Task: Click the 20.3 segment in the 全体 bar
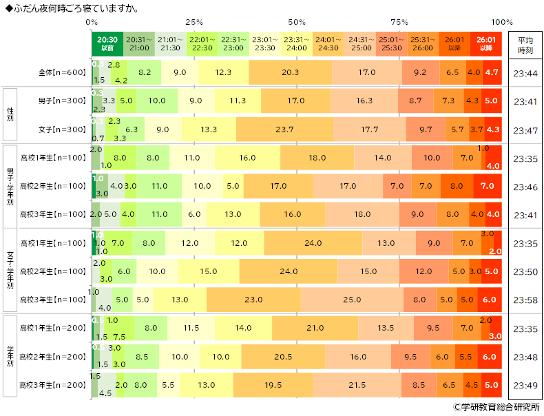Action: pyautogui.click(x=290, y=72)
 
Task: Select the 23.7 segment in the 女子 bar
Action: pyautogui.click(x=284, y=129)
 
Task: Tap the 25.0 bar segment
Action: pyautogui.click(x=352, y=300)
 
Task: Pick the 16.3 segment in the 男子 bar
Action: pyautogui.click(x=364, y=101)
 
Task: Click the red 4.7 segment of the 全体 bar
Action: pyautogui.click(x=492, y=72)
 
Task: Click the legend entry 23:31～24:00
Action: pyautogui.click(x=295, y=44)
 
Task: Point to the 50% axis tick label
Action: pyautogui.click(x=297, y=22)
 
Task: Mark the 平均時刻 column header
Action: pyautogui.click(x=525, y=44)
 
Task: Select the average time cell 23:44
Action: pyautogui.click(x=525, y=72)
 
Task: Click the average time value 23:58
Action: pyautogui.click(x=525, y=300)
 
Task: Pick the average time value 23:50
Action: pyautogui.click(x=525, y=271)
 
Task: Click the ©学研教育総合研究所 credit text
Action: pyautogui.click(x=496, y=407)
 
